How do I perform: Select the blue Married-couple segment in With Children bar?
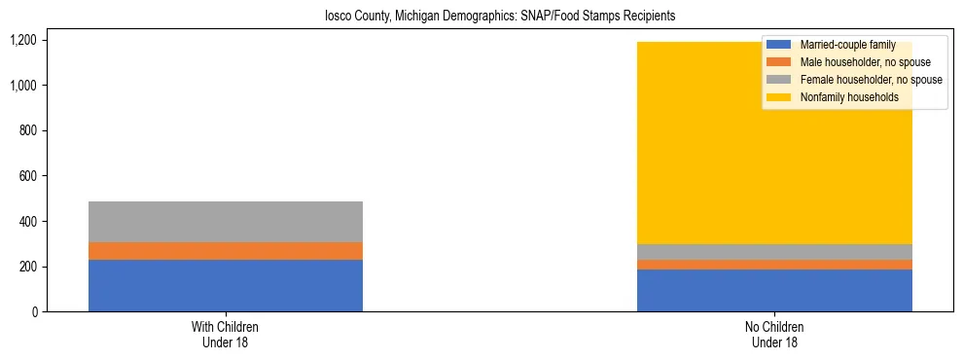(225, 285)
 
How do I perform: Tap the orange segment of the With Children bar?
(225, 251)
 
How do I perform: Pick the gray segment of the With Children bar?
(225, 222)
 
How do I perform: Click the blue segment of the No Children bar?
(774, 290)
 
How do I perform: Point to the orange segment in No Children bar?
(774, 265)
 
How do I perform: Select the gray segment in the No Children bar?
(774, 252)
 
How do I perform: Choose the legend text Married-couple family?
(847, 45)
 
